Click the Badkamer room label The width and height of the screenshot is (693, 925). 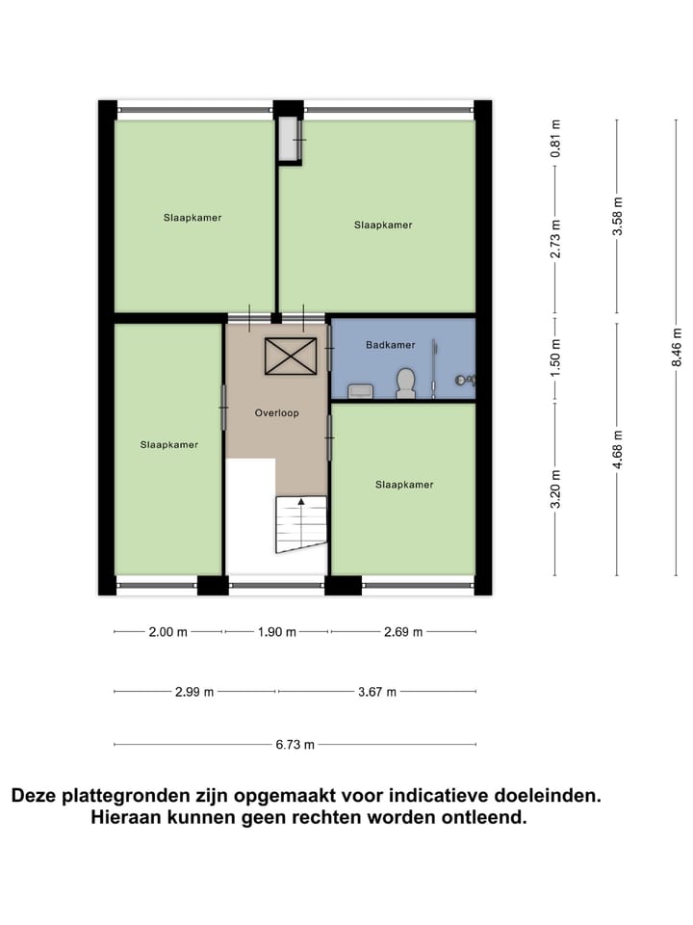[x=390, y=345]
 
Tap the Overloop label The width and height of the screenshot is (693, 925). [x=276, y=413]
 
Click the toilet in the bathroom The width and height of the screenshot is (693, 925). [x=405, y=383]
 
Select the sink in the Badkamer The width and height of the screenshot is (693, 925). [x=361, y=390]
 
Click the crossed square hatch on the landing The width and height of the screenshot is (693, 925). [x=291, y=356]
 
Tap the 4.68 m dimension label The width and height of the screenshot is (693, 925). [x=617, y=448]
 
